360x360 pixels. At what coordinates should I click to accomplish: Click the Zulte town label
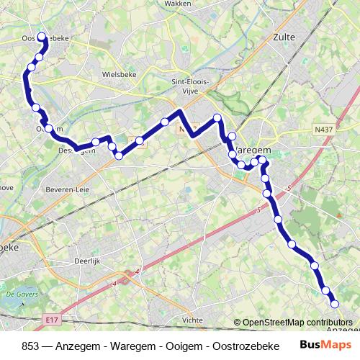tap(284, 37)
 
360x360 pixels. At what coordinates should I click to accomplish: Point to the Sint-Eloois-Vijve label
tap(190, 86)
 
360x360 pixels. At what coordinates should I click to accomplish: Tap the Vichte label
tap(193, 319)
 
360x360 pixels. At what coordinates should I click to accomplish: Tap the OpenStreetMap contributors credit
tap(297, 323)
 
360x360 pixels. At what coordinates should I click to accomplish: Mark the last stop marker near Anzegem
tap(334, 304)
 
